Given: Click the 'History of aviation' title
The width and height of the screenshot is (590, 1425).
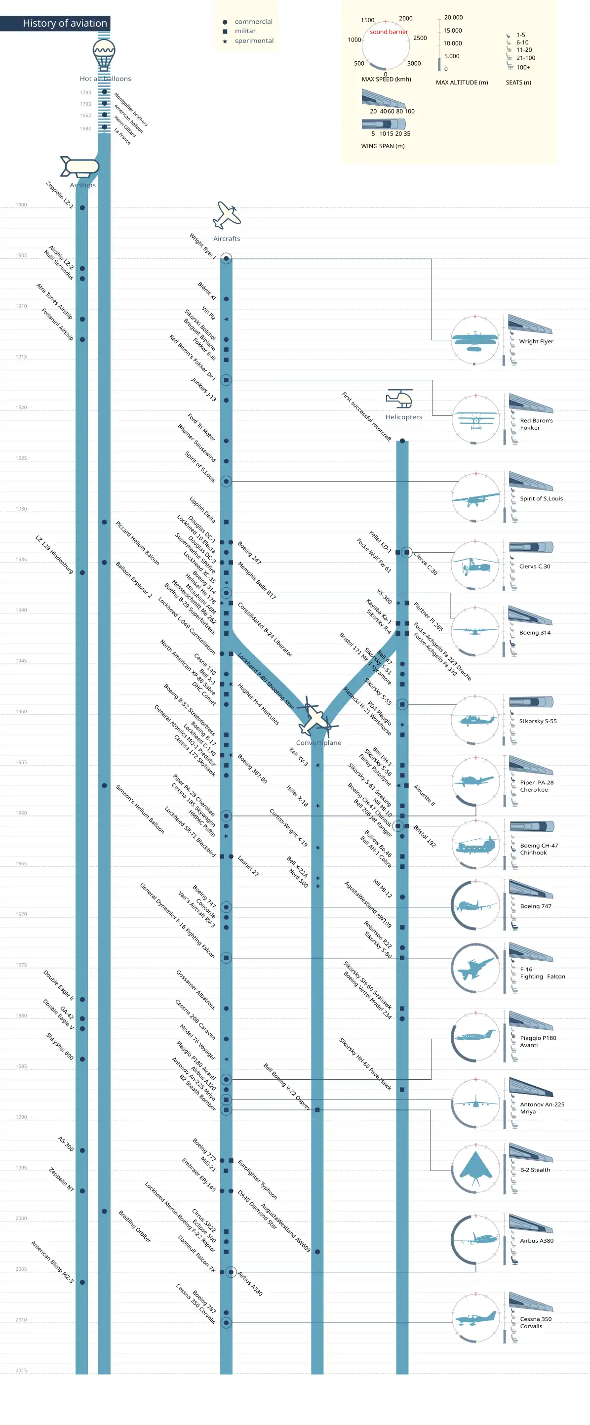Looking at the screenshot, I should [x=65, y=23].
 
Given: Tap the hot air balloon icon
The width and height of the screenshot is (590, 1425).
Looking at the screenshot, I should [x=104, y=54].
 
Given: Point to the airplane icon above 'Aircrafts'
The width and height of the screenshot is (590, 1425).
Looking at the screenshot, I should [x=227, y=215].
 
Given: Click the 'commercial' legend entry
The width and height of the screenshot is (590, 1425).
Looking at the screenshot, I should [x=253, y=22].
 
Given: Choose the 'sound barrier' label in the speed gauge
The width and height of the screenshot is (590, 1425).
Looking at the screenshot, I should [x=389, y=32].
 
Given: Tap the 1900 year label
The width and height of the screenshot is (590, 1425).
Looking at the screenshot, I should [x=21, y=204].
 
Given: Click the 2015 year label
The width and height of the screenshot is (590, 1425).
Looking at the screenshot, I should [x=21, y=1370].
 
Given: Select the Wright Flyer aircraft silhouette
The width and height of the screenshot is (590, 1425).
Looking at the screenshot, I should [x=474, y=340].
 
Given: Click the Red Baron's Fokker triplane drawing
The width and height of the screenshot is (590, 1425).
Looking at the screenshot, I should [x=475, y=420].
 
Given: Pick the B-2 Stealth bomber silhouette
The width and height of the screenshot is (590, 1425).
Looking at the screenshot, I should [x=475, y=1168].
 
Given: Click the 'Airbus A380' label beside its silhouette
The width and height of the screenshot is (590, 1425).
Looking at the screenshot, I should [x=536, y=1241].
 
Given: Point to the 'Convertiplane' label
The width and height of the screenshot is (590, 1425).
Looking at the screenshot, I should [x=318, y=743].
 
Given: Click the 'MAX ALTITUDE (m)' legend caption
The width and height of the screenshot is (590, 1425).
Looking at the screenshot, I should [x=462, y=82].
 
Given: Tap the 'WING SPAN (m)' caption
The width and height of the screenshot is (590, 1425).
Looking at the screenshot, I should [x=383, y=146].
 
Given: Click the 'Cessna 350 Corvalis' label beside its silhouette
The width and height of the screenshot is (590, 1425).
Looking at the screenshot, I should [x=535, y=1323].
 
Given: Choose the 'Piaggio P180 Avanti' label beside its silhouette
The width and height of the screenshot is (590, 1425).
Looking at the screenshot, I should [x=538, y=1042].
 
